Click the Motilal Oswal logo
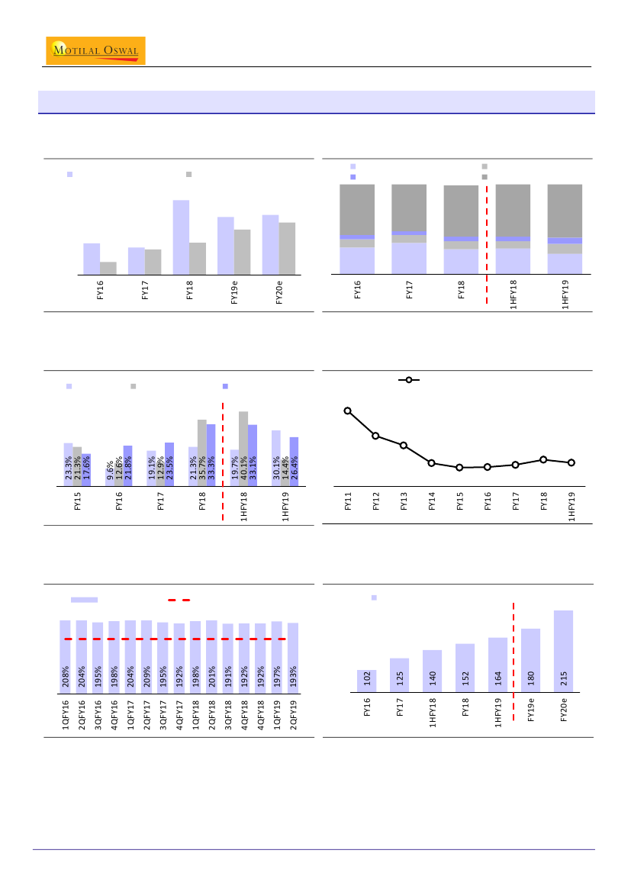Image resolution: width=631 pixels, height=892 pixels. click(x=95, y=50)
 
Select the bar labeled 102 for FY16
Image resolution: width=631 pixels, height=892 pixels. click(x=366, y=681)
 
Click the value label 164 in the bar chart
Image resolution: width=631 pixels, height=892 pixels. click(x=498, y=678)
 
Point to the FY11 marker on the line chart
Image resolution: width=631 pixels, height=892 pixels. click(x=348, y=411)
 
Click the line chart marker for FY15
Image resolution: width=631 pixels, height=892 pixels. click(x=459, y=467)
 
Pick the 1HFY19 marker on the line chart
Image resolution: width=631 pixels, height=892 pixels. click(x=571, y=462)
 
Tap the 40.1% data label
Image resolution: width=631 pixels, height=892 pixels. click(x=243, y=467)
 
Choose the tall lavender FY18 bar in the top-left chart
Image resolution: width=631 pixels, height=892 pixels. click(x=181, y=237)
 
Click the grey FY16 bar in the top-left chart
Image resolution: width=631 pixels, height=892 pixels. click(x=108, y=268)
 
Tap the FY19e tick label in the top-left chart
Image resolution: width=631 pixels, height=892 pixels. click(x=234, y=291)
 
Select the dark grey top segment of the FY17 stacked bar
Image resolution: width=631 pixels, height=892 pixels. click(x=409, y=208)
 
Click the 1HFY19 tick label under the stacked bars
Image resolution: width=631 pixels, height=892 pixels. click(x=565, y=293)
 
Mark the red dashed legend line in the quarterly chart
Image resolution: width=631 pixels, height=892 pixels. click(x=179, y=601)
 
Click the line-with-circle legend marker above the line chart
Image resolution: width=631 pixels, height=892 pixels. click(x=409, y=379)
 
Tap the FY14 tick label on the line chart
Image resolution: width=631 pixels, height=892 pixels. click(x=432, y=502)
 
